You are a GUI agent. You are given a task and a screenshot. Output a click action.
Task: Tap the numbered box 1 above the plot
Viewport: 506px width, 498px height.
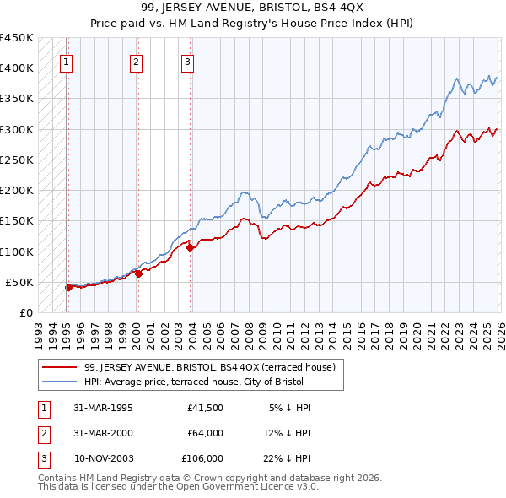point(66,61)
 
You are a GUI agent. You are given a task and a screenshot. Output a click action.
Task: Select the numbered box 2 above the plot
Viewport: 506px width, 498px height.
point(136,61)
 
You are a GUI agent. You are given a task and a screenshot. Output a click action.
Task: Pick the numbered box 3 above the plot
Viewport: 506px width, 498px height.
point(186,61)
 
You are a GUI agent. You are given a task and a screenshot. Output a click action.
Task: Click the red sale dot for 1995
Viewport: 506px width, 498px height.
point(68,287)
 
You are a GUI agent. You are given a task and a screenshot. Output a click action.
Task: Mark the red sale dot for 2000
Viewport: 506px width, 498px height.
point(138,273)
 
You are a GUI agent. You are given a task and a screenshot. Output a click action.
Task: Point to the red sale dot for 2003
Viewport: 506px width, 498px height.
point(190,247)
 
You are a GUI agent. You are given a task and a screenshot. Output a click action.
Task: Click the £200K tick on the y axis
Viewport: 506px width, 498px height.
point(17,191)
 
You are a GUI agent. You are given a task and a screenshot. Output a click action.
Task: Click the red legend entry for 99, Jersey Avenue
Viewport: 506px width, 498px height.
point(210,367)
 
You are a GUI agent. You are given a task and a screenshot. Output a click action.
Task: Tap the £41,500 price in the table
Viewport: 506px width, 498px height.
point(206,408)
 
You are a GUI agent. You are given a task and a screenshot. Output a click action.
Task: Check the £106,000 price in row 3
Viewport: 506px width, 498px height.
point(202,458)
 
